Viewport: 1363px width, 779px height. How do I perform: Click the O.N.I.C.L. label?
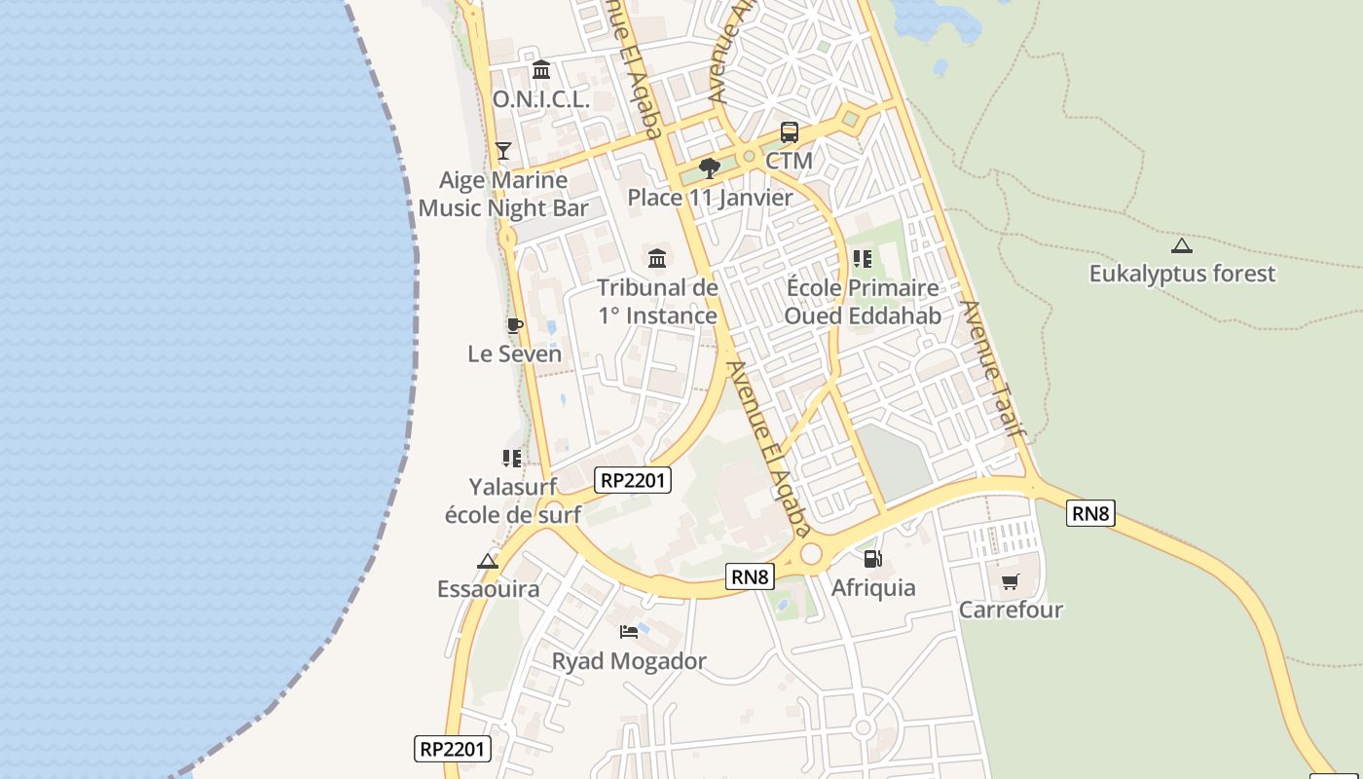(541, 99)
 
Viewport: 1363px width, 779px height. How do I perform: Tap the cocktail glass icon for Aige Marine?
(503, 150)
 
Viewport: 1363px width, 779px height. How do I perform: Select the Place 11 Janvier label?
(710, 198)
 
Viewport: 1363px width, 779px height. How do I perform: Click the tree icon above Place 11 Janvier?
(710, 167)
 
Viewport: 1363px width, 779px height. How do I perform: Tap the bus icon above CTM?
(790, 132)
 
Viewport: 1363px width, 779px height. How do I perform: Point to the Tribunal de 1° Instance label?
(657, 302)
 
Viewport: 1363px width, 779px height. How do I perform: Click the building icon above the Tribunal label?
(657, 258)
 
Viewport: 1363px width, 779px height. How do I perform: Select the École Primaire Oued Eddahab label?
(863, 302)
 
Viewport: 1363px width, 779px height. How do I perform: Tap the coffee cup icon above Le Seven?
(514, 325)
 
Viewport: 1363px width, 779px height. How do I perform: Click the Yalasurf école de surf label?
(513, 501)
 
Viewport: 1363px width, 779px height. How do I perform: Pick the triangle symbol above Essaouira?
(488, 561)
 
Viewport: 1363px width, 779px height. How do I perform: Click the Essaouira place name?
(488, 589)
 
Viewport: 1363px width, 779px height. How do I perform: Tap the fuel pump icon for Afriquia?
(873, 559)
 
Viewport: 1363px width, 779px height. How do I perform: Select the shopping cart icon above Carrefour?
(1011, 581)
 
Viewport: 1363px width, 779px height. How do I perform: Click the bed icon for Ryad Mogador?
(629, 632)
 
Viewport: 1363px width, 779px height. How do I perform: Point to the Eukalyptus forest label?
(1182, 274)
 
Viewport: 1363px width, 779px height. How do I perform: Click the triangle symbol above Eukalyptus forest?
(1182, 245)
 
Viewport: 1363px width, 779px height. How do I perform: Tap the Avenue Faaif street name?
(994, 367)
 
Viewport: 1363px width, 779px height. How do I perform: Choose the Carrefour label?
(1011, 610)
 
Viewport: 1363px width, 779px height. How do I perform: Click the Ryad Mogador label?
(629, 661)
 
